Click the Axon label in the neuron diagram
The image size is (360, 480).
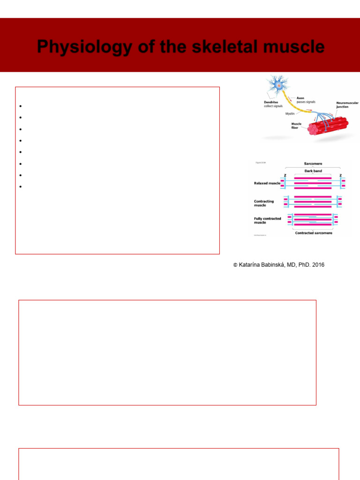pyautogui.click(x=300, y=98)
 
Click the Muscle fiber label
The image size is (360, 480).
pyautogui.click(x=296, y=126)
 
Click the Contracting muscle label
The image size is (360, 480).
pyautogui.click(x=264, y=203)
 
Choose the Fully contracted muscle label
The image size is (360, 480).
pyautogui.click(x=267, y=220)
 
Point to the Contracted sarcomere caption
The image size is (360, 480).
pyautogui.click(x=314, y=233)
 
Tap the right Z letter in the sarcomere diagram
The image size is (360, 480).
pyautogui.click(x=341, y=175)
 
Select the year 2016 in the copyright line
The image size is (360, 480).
pyautogui.click(x=316, y=265)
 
